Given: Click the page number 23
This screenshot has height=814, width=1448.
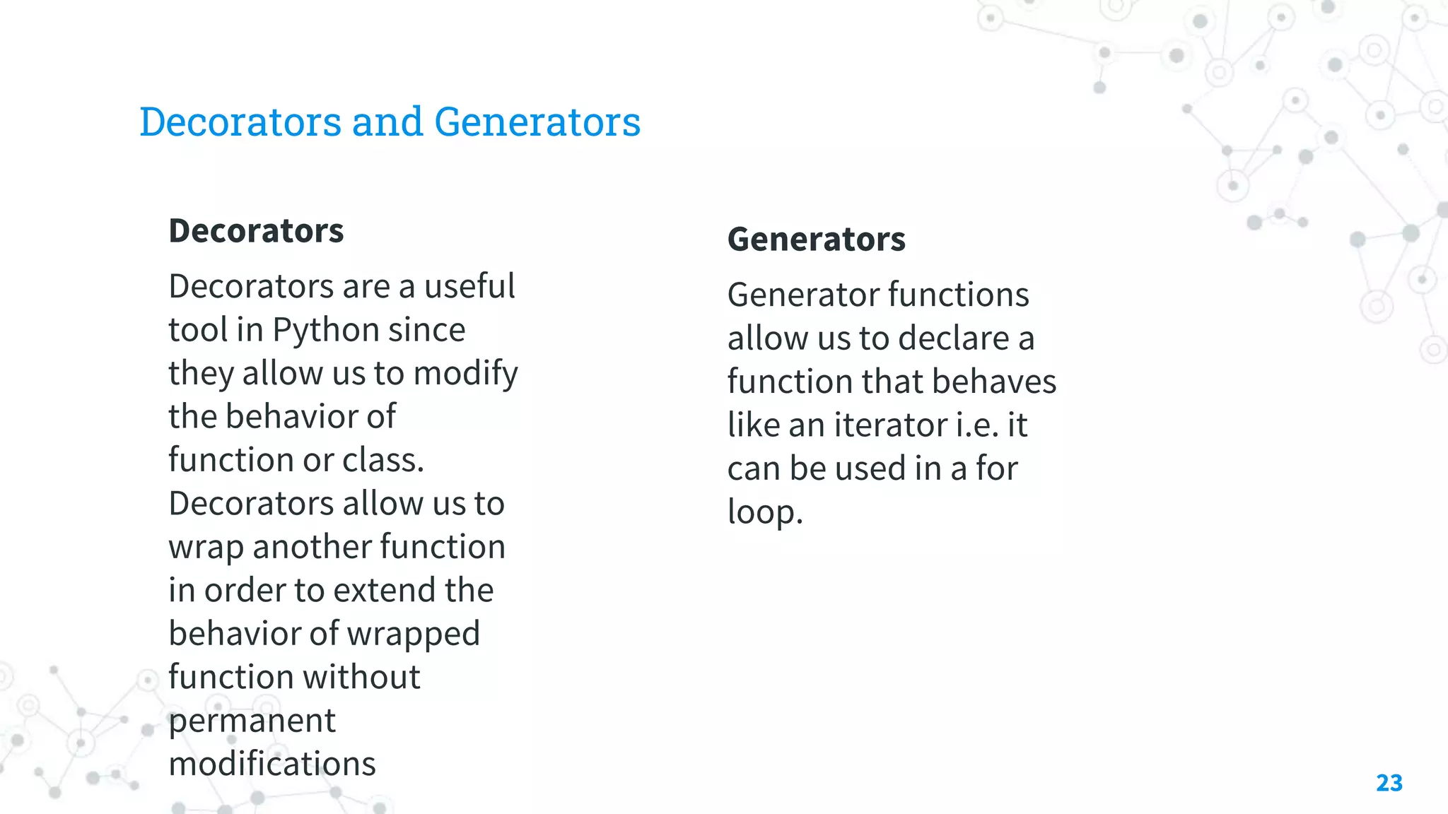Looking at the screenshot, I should pyautogui.click(x=1389, y=783).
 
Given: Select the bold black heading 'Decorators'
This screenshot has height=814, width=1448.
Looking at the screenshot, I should pyautogui.click(x=256, y=231).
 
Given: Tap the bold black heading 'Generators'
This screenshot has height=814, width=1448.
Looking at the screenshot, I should pyautogui.click(x=816, y=240).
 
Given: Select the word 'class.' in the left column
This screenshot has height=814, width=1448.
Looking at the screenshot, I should pyautogui.click(x=383, y=460).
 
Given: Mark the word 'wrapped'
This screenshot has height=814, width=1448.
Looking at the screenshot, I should pyautogui.click(x=414, y=635).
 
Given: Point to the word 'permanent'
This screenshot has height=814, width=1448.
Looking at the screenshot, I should pyautogui.click(x=252, y=721).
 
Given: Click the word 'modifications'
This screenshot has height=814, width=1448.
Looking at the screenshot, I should pyautogui.click(x=272, y=764).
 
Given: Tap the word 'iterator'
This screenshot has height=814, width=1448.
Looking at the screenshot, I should pyautogui.click(x=890, y=425).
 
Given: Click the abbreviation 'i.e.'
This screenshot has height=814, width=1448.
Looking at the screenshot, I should pyautogui.click(x=976, y=425).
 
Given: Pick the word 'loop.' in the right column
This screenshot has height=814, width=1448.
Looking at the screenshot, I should pyautogui.click(x=765, y=512).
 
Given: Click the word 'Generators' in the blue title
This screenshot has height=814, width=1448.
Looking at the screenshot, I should pyautogui.click(x=537, y=122).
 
